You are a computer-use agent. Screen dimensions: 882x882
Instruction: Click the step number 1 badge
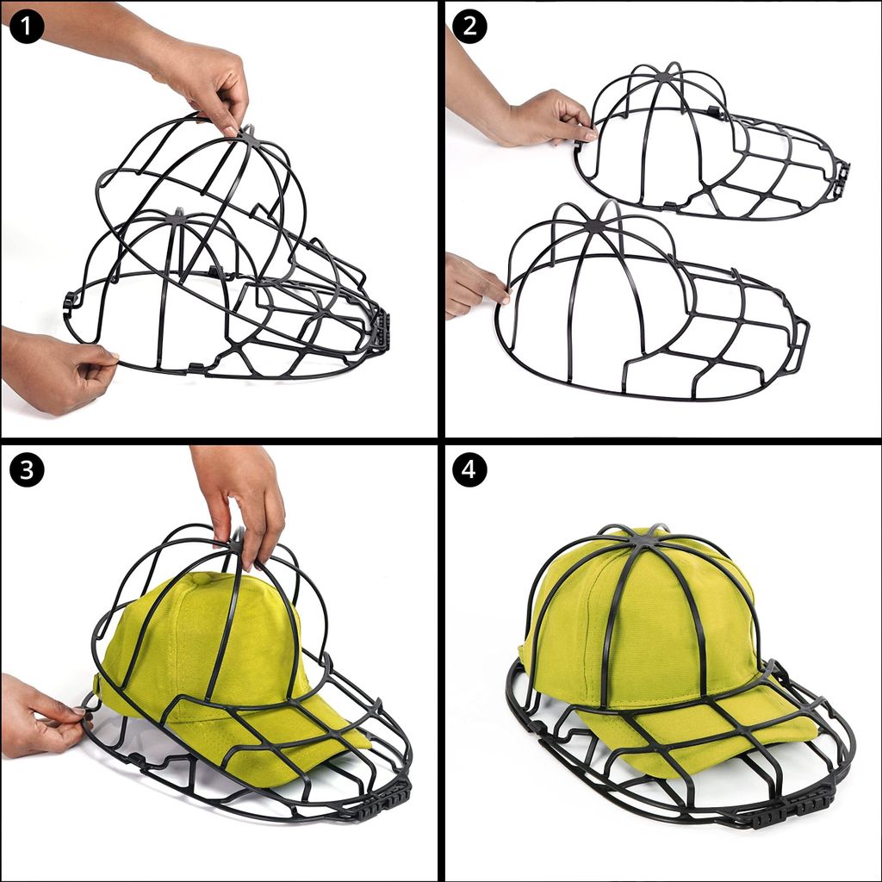coord(27,27)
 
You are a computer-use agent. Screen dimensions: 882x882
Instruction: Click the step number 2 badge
coord(469,27)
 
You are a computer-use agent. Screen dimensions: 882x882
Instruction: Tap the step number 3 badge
coord(27,469)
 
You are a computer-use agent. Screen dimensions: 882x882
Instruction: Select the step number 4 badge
coord(469,469)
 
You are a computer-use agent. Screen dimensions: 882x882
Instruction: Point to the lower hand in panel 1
coord(53,369)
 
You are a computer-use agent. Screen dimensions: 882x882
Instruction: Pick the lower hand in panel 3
coord(42,714)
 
